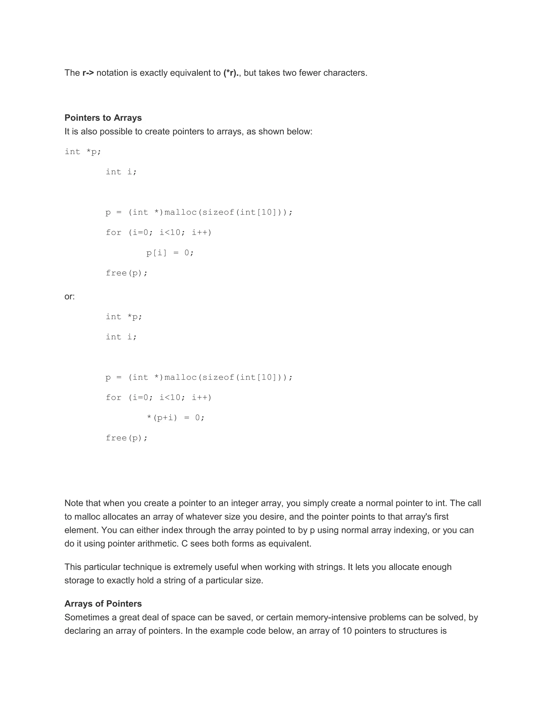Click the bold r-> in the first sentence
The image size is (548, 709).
coord(88,73)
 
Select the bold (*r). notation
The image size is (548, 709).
coord(231,73)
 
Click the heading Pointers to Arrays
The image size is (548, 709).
coord(103,117)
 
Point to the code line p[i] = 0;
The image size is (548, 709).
coord(170,253)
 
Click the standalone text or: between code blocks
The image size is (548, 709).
coord(70,296)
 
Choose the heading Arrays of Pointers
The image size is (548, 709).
coord(103,604)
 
